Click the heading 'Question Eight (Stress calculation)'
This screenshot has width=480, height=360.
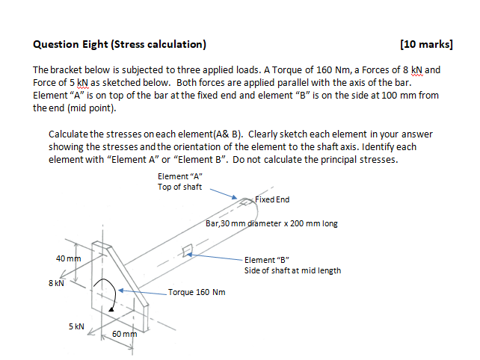(x=120, y=44)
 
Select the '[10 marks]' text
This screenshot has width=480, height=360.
(x=426, y=44)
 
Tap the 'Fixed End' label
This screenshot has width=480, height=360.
(x=272, y=199)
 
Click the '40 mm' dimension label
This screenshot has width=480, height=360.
(x=68, y=258)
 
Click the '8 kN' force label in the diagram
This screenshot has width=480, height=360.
(x=57, y=283)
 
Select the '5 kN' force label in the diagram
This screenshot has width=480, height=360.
(x=77, y=326)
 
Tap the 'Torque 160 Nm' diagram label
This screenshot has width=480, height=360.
(x=197, y=292)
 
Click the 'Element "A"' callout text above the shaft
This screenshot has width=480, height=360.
(x=180, y=176)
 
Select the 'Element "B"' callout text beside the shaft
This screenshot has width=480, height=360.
(x=265, y=260)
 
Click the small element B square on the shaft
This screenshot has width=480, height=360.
(x=188, y=255)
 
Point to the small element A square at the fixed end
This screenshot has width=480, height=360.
(x=246, y=199)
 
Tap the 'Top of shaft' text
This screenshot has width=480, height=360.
(x=179, y=187)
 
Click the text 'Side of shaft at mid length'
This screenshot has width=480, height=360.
(x=292, y=270)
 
